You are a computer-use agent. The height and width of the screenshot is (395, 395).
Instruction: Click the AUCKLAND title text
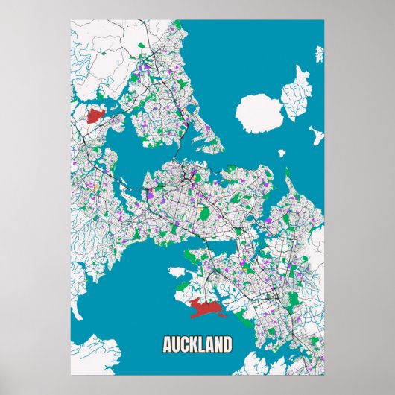tap(197, 345)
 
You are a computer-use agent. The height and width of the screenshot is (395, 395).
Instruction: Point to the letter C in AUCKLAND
tap(186, 345)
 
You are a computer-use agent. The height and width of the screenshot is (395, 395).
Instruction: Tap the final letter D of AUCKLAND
tap(227, 345)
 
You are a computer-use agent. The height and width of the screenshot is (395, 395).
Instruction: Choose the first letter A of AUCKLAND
tap(168, 345)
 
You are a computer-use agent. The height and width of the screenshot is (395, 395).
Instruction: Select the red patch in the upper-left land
tap(95, 116)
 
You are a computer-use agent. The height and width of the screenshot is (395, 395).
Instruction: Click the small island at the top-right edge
tap(320, 54)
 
